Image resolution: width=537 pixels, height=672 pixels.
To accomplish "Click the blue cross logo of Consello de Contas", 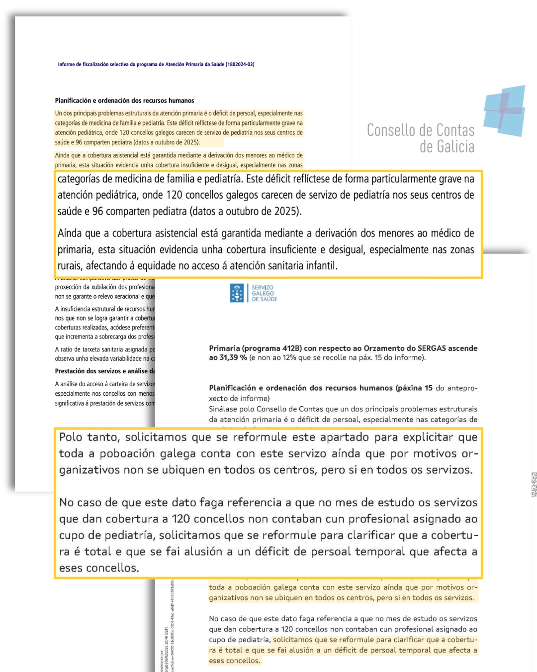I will click(505, 111).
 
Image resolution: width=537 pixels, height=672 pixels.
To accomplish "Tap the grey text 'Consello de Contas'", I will click(421, 130).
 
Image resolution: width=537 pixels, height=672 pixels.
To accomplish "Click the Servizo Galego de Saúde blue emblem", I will click(238, 293).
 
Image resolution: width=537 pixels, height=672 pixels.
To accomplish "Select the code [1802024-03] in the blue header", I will click(240, 64).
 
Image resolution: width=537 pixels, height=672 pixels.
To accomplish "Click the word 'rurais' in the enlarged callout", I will click(70, 266).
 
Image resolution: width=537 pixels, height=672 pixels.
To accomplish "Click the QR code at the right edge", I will click(534, 484).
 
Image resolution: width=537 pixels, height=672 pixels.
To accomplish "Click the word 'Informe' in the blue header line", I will click(67, 64).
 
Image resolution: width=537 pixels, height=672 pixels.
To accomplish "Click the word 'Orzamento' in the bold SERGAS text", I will click(383, 348).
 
